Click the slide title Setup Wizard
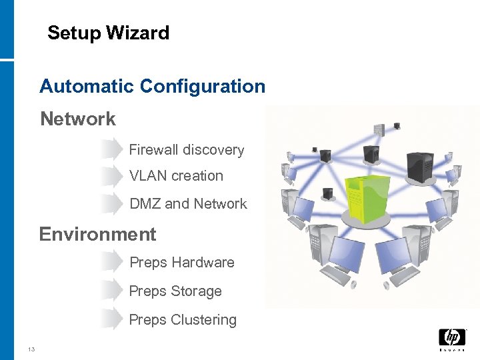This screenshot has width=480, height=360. [x=108, y=33]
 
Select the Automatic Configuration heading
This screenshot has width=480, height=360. [x=152, y=86]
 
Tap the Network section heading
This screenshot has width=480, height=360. [x=78, y=119]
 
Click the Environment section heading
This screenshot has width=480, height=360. [x=97, y=234]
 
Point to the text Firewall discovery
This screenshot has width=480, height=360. [x=186, y=150]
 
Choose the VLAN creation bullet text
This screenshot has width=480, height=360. [x=176, y=176]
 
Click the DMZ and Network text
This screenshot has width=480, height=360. [x=188, y=204]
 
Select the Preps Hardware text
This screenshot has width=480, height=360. [x=181, y=263]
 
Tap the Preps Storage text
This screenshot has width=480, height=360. [x=175, y=291]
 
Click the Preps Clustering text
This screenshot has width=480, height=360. [x=182, y=320]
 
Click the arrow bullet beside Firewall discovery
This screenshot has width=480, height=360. [x=111, y=150]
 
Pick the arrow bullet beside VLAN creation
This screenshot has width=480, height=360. [x=111, y=176]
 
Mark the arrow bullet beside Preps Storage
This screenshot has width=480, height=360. [x=111, y=291]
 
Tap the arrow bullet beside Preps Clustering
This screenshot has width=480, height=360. [x=111, y=320]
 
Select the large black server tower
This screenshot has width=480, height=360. [x=420, y=170]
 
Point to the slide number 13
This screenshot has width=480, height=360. [x=31, y=349]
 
